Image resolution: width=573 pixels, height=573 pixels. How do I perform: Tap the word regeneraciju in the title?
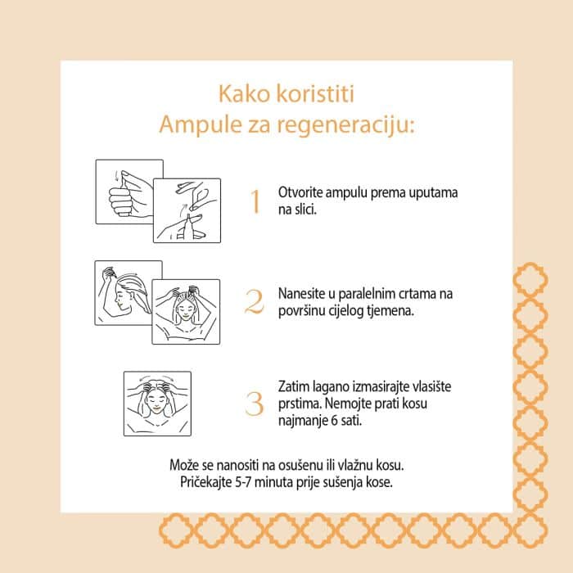click(x=345, y=125)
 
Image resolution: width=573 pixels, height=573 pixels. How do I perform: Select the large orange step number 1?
click(x=255, y=201)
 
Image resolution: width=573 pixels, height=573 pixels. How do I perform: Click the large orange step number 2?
click(x=255, y=302)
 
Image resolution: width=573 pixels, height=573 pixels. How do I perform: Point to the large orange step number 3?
click(x=255, y=404)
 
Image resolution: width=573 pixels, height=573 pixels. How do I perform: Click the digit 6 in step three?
click(x=334, y=421)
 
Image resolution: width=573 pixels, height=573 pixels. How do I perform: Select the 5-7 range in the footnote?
click(x=243, y=482)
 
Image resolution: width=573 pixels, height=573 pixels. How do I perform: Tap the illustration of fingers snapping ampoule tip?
click(x=187, y=210)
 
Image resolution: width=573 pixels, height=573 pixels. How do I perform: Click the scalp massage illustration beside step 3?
click(x=157, y=404)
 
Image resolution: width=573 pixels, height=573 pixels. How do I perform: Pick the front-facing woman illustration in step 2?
click(x=186, y=312)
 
